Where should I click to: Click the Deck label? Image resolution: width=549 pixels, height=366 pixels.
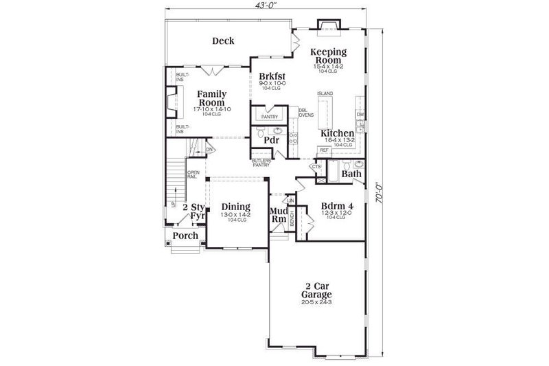[x=222, y=41]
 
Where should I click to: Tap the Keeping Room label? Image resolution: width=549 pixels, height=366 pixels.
[x=328, y=56]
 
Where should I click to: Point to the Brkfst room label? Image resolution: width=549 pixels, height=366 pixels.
[x=271, y=76]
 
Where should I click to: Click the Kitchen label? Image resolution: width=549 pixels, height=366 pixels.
[x=337, y=133]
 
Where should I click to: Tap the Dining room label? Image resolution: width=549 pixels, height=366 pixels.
[x=235, y=207]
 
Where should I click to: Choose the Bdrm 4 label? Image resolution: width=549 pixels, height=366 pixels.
[x=337, y=205]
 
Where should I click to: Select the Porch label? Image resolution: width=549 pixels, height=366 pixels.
[x=185, y=236]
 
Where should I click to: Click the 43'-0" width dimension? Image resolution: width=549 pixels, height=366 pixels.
[x=267, y=5]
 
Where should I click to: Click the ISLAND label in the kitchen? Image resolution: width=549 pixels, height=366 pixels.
[x=325, y=93]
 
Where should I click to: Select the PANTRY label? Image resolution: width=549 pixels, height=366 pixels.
[x=269, y=117]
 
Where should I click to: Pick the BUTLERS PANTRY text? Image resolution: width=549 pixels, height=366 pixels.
[x=260, y=162]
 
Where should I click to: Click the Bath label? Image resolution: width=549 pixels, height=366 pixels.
[x=351, y=174]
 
